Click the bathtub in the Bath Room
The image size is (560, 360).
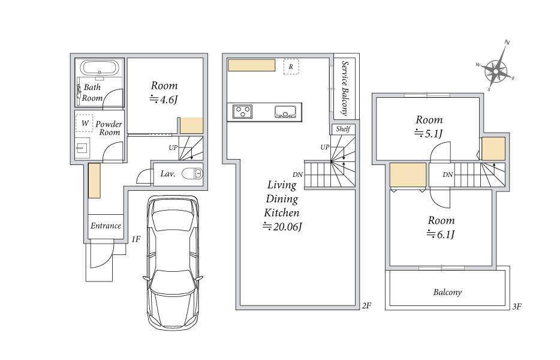tap(100, 68)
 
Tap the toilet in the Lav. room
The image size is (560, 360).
tap(192, 174)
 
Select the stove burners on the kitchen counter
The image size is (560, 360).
tap(242, 111)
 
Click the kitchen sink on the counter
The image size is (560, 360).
tap(285, 112)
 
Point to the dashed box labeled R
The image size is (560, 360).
tap(291, 67)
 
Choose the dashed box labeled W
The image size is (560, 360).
tap(85, 124)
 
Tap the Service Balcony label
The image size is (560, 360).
tap(345, 88)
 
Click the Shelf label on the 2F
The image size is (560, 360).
tap(343, 129)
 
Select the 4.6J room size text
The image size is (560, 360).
tap(164, 99)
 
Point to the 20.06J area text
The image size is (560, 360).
tap(282, 227)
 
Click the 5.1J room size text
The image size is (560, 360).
tap(429, 133)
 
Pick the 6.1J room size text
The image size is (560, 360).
tap(441, 234)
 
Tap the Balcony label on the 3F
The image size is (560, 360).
tap(447, 292)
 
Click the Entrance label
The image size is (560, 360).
tap(106, 226)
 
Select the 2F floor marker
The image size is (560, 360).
tap(366, 305)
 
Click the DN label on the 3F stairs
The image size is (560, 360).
tap(448, 175)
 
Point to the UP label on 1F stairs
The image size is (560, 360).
tap(173, 147)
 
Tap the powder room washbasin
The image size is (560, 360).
tap(82, 148)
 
